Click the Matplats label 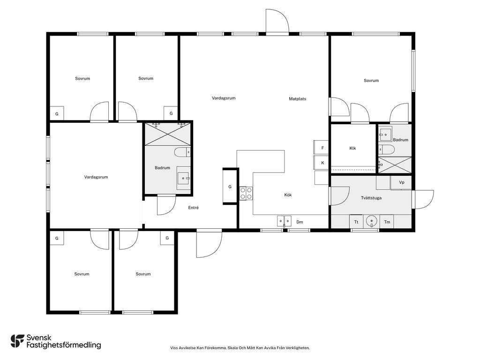tap(297, 98)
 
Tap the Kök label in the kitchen tap(288, 195)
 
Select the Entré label tap(193, 208)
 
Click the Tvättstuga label tap(371, 198)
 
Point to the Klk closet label tap(352, 148)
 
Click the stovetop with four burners tap(246, 193)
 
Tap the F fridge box tap(321, 148)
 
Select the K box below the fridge tap(321, 163)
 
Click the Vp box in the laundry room tap(401, 182)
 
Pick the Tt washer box tap(356, 222)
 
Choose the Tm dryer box tap(387, 222)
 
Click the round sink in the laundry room tap(372, 221)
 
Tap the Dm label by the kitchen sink tap(300, 222)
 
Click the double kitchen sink tap(285, 221)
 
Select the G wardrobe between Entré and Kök tap(230, 187)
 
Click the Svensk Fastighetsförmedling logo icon tap(17, 341)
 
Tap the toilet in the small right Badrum tap(387, 150)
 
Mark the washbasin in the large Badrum tap(184, 178)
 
